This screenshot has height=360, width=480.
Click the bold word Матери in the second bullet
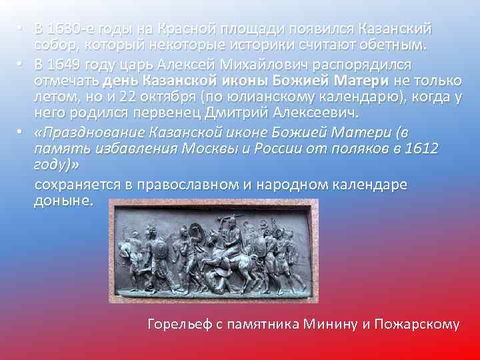point(358,81)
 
